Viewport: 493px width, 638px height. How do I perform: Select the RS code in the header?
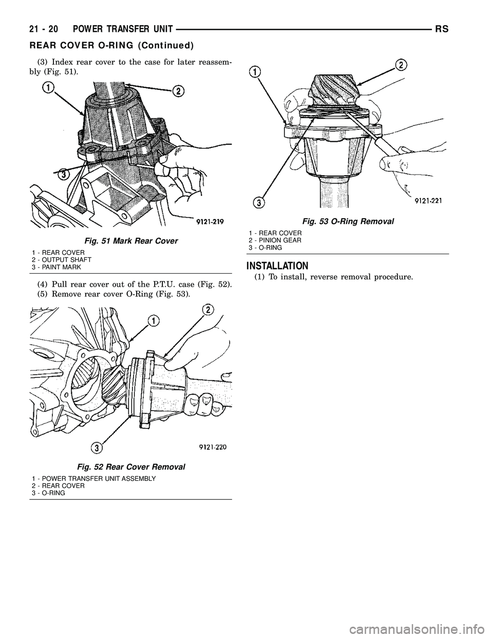tap(442, 30)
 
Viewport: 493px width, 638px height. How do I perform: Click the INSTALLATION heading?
tap(277, 266)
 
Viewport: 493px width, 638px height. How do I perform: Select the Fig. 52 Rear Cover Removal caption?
tap(131, 467)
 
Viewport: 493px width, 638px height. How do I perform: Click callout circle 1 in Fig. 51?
tap(48, 89)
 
